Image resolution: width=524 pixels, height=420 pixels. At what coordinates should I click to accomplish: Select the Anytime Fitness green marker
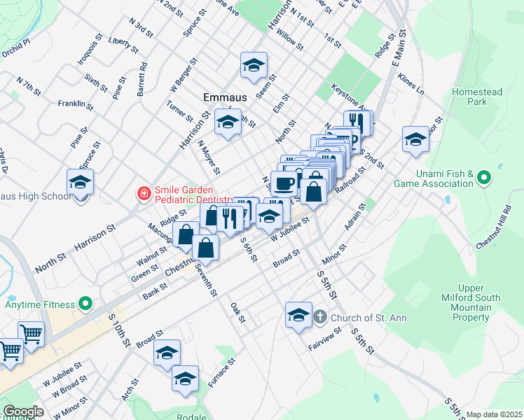(x=85, y=304)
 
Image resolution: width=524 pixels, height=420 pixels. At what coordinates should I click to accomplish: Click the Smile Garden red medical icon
(x=144, y=192)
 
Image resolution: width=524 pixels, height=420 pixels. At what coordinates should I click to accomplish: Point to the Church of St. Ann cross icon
(x=319, y=317)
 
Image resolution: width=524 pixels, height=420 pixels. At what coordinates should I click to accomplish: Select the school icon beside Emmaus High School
(x=81, y=183)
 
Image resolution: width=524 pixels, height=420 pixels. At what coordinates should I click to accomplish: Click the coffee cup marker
(x=284, y=184)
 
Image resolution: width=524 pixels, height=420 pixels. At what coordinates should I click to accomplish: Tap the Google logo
(x=23, y=412)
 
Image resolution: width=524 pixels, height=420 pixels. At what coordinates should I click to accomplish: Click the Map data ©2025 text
(x=494, y=414)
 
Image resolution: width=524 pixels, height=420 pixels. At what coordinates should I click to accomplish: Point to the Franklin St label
(x=76, y=104)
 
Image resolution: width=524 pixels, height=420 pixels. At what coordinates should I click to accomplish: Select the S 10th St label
(x=120, y=329)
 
